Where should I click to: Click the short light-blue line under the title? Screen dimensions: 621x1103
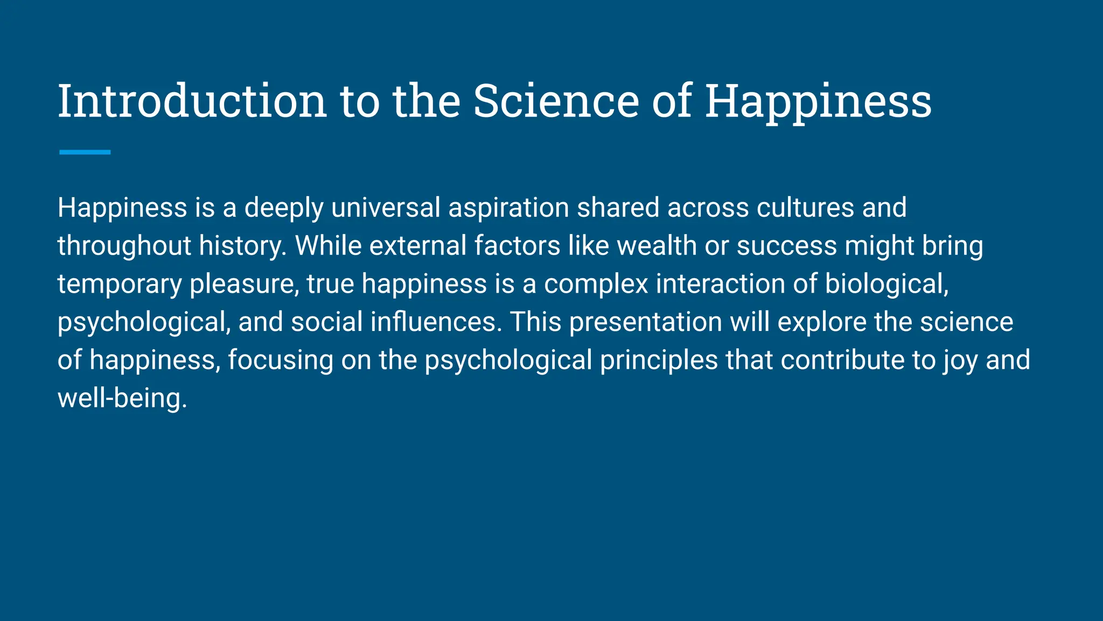85,153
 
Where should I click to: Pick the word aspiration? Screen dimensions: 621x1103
508,208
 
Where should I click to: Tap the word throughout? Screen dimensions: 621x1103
124,246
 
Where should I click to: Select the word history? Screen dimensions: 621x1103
242,246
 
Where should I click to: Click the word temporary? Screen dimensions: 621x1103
120,284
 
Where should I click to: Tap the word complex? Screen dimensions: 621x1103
596,284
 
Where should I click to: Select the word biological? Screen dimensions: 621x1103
886,284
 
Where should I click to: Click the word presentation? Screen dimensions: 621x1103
646,322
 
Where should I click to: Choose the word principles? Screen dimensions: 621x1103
659,360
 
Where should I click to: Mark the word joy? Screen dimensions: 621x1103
960,360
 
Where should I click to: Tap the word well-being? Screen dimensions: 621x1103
122,398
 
